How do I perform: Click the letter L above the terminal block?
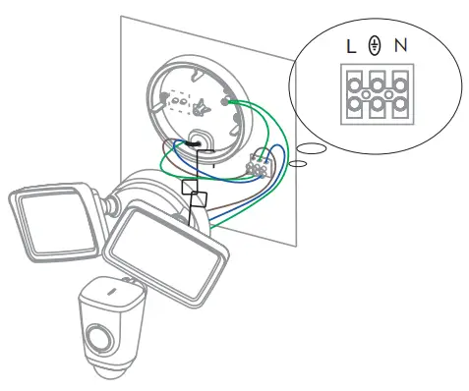tap(350, 46)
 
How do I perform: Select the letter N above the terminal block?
tap(398, 46)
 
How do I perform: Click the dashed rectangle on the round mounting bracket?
tap(181, 99)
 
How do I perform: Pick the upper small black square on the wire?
tap(190, 186)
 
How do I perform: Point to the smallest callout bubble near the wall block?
tap(297, 164)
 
